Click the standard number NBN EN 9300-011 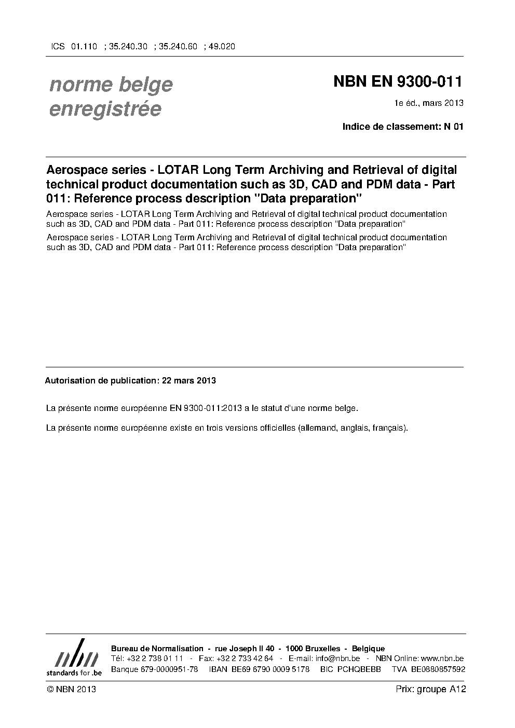(397, 82)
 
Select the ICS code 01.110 (84, 46)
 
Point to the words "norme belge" (111, 85)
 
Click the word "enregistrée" (105, 109)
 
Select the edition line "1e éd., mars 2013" (429, 103)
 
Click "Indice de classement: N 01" (402, 127)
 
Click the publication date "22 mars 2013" (189, 380)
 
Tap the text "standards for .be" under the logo (74, 672)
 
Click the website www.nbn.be (442, 658)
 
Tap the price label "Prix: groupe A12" (430, 689)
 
